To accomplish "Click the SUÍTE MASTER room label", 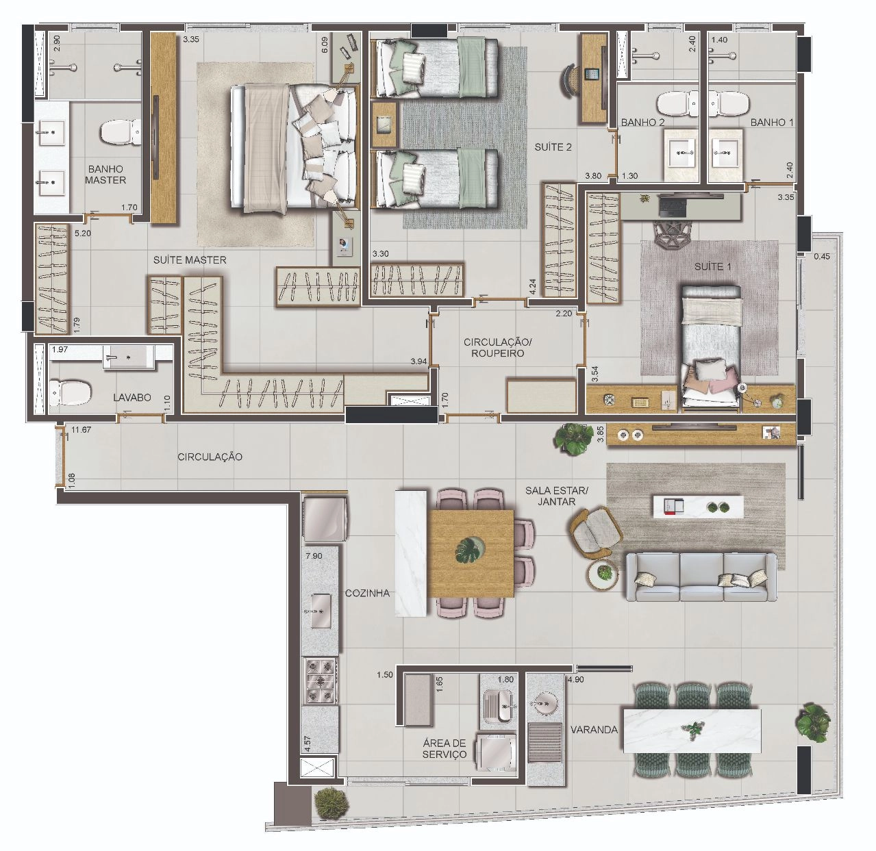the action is click(190, 260).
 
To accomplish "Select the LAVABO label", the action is click(132, 397).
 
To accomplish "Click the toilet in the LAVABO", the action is click(69, 393).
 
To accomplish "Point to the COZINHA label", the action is click(367, 593).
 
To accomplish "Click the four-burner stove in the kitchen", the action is click(321, 681).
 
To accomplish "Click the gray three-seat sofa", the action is click(701, 577).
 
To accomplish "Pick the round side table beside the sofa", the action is click(603, 574).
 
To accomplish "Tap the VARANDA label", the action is click(595, 730).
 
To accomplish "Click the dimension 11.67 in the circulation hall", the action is click(81, 430).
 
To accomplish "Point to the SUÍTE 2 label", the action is click(553, 147).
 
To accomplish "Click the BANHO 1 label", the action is click(772, 122).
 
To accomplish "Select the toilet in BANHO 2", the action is click(677, 103).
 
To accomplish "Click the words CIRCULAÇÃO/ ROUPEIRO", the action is click(497, 348).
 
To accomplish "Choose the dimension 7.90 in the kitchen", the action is click(314, 556).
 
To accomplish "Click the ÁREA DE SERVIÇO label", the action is click(444, 749).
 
